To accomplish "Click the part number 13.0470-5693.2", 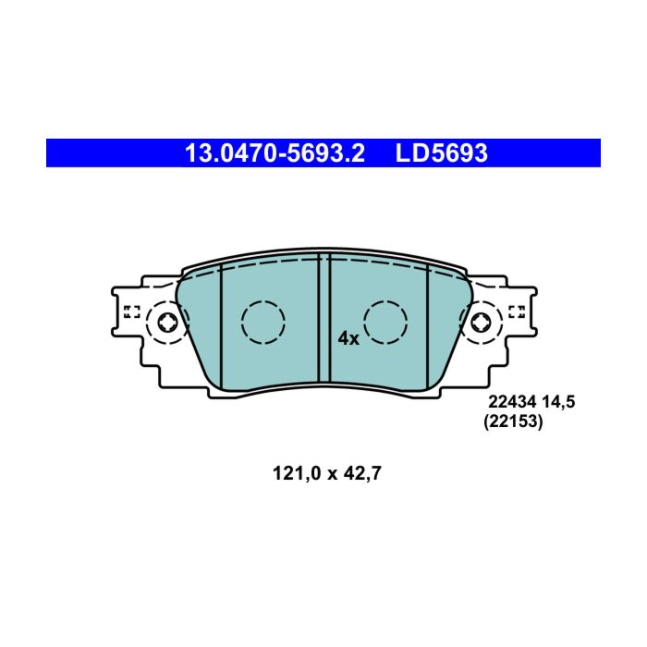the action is tap(275, 153).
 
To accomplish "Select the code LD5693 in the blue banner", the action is tap(441, 153).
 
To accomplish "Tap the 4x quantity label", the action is tap(348, 338).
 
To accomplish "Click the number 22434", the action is tap(512, 401).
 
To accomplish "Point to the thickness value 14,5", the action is tap(558, 401).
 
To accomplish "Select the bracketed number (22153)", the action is tap(513, 421).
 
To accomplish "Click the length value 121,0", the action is tap(297, 473).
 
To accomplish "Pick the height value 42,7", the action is tap(362, 473).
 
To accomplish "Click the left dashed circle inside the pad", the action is tap(263, 323).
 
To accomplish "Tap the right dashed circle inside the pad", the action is tap(385, 323).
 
